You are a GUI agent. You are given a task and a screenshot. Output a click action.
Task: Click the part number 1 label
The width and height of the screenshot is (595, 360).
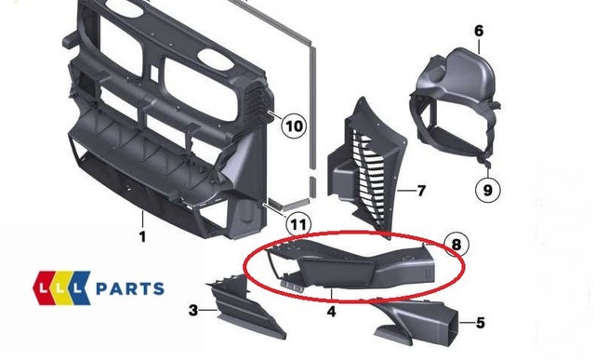[x=142, y=237]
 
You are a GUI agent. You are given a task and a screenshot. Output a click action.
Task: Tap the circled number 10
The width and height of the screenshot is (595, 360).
[x=294, y=126]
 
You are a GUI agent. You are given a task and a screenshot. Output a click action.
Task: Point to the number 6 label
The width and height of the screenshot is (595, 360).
[x=479, y=32]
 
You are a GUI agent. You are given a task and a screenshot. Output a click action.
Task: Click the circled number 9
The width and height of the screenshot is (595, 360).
[x=486, y=191]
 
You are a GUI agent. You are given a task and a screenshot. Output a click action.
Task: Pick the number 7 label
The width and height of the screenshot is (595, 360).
[x=420, y=192]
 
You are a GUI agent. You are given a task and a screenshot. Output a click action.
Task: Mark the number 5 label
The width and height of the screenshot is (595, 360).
[x=480, y=324]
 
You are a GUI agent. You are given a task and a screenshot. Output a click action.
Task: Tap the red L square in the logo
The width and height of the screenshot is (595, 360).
[x=48, y=288]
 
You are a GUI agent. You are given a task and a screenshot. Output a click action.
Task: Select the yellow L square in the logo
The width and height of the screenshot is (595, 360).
[x=66, y=288]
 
